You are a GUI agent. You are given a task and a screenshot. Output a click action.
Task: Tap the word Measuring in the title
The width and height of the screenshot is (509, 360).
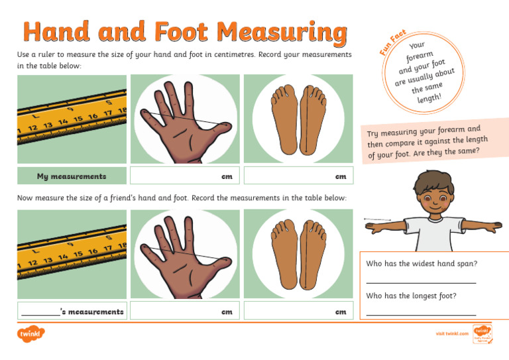pos(282,32)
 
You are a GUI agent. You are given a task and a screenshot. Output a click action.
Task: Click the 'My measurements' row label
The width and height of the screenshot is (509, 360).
pos(72,176)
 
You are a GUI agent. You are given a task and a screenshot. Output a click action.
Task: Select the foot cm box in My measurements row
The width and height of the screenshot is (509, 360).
pos(298,176)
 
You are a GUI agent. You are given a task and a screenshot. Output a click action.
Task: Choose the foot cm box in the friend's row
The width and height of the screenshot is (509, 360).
pos(298,311)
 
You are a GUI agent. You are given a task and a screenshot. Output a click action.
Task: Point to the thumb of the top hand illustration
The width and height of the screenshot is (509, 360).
pos(219,126)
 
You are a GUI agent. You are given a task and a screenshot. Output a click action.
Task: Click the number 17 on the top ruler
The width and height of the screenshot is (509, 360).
pos(107,113)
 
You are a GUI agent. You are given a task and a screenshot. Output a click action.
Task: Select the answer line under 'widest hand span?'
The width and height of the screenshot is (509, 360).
pos(421,281)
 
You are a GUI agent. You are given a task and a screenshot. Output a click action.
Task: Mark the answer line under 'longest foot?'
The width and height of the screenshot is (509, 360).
pos(421,314)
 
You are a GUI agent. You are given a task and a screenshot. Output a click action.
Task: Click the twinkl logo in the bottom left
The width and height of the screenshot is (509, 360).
pos(30,334)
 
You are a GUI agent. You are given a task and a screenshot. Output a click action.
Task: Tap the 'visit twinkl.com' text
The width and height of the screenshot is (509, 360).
pos(452,334)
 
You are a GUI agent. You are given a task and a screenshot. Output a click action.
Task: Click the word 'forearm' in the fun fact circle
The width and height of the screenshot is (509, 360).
pos(420,57)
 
